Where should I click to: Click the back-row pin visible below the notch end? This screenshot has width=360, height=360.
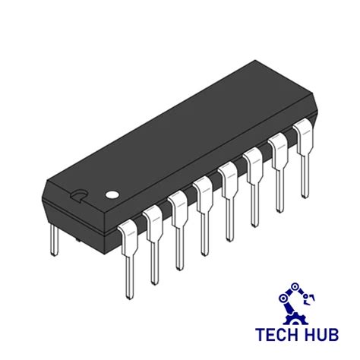[x=54, y=239]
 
